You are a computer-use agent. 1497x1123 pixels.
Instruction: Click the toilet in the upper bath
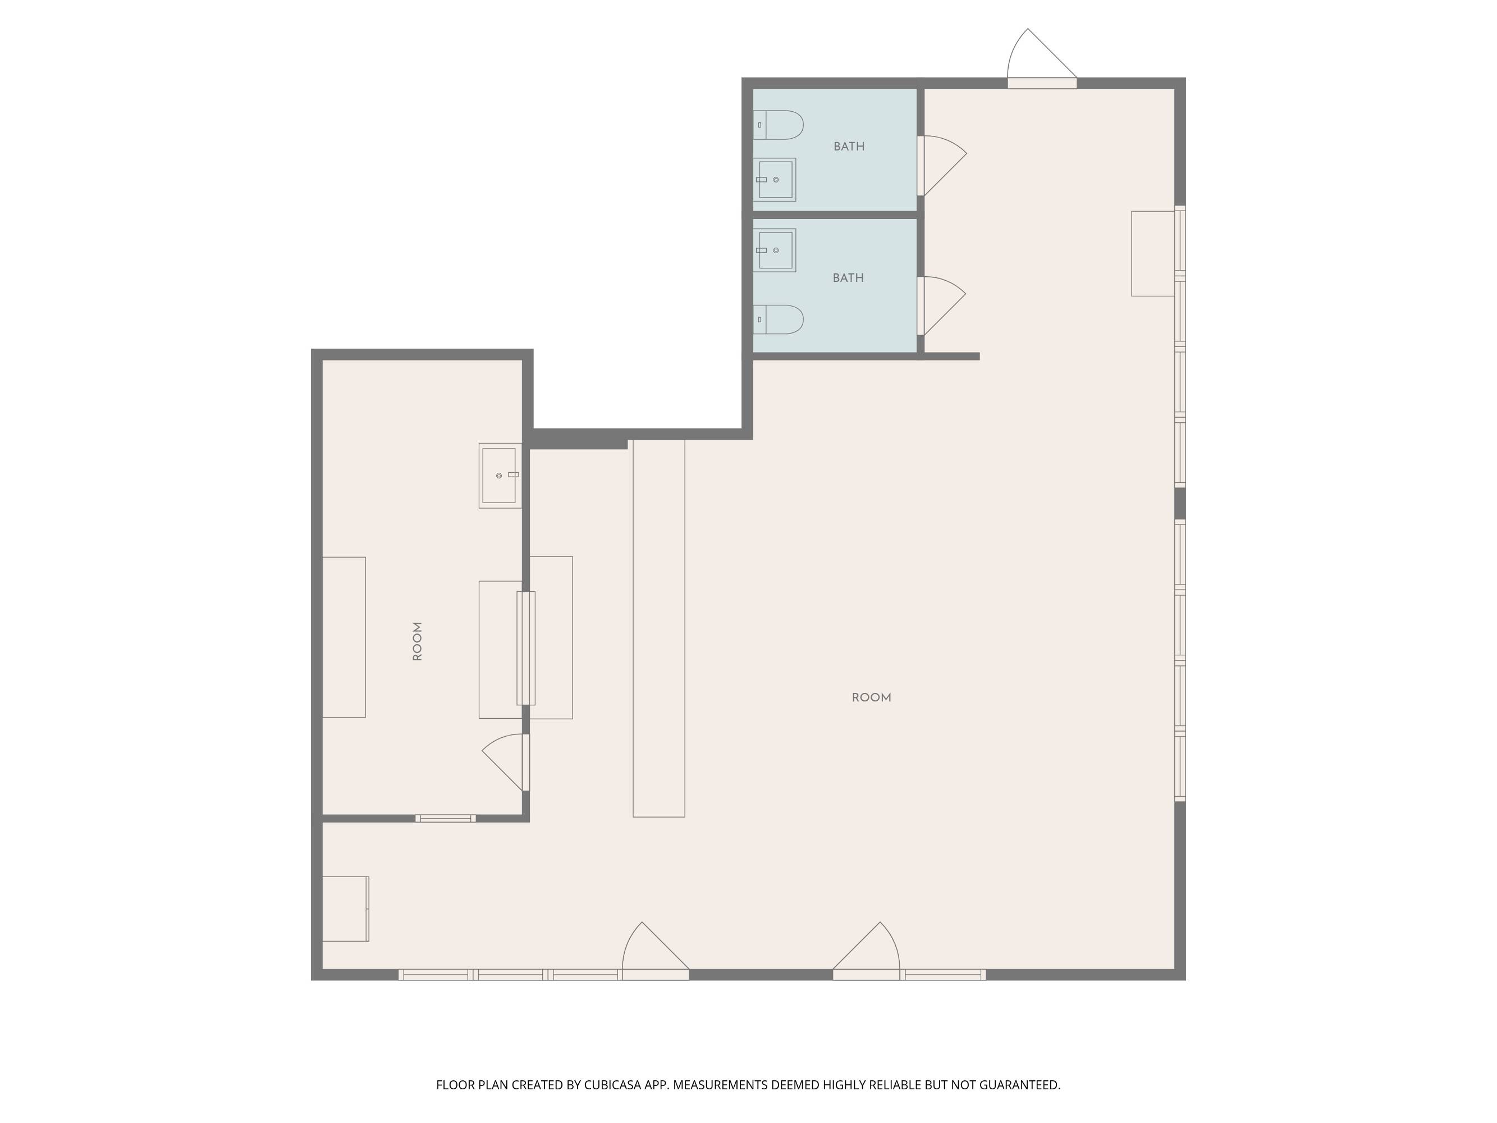pyautogui.click(x=779, y=125)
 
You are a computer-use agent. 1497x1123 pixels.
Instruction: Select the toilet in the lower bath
pyautogui.click(x=779, y=319)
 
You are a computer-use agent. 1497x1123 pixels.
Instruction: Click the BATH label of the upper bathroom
pyautogui.click(x=849, y=146)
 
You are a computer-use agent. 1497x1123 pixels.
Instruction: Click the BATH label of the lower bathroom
pyautogui.click(x=848, y=277)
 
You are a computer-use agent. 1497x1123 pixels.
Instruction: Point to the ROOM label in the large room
pyautogui.click(x=871, y=697)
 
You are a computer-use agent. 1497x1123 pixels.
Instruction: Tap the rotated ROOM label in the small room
pyautogui.click(x=418, y=641)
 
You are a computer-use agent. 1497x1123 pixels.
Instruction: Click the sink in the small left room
pyautogui.click(x=500, y=475)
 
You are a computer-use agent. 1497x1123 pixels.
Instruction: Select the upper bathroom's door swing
pyautogui.click(x=942, y=166)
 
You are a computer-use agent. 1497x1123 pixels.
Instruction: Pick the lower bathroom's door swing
pyautogui.click(x=941, y=306)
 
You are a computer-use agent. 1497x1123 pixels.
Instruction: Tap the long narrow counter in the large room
pyautogui.click(x=658, y=628)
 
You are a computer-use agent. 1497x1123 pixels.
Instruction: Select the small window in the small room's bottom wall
pyautogui.click(x=445, y=819)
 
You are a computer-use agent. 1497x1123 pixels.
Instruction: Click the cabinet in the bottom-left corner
pyautogui.click(x=345, y=909)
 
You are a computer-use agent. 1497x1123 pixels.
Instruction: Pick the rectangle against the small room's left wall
pyautogui.click(x=344, y=637)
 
